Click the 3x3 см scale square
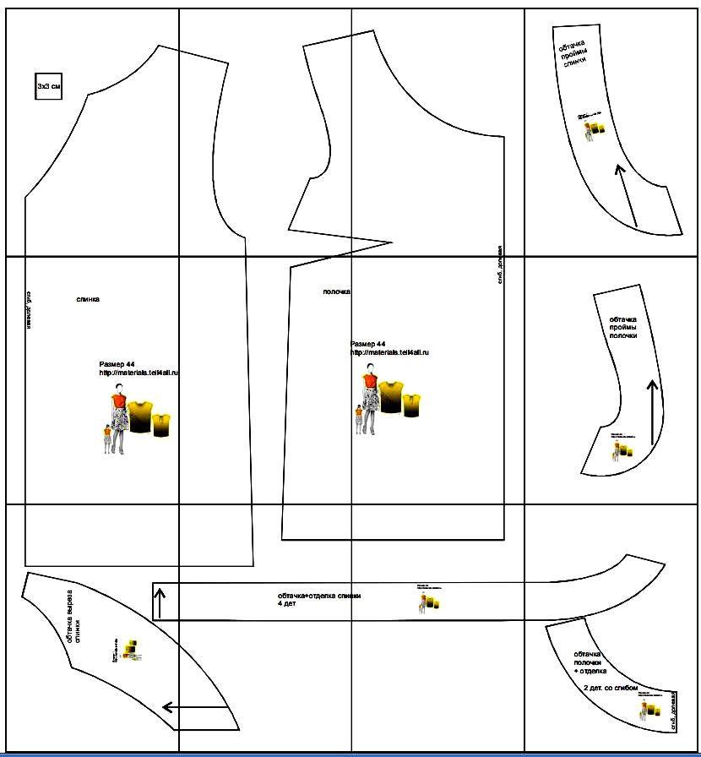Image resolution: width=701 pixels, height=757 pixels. pyautogui.click(x=48, y=86)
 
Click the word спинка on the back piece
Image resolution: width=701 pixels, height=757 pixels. pyautogui.click(x=88, y=299)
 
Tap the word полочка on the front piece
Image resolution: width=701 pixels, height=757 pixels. pyautogui.click(x=336, y=292)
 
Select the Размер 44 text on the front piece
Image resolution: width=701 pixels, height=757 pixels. pyautogui.click(x=367, y=345)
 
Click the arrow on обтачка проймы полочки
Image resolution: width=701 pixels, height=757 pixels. pyautogui.click(x=651, y=412)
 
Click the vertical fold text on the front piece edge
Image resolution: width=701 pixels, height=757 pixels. pyautogui.click(x=500, y=265)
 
